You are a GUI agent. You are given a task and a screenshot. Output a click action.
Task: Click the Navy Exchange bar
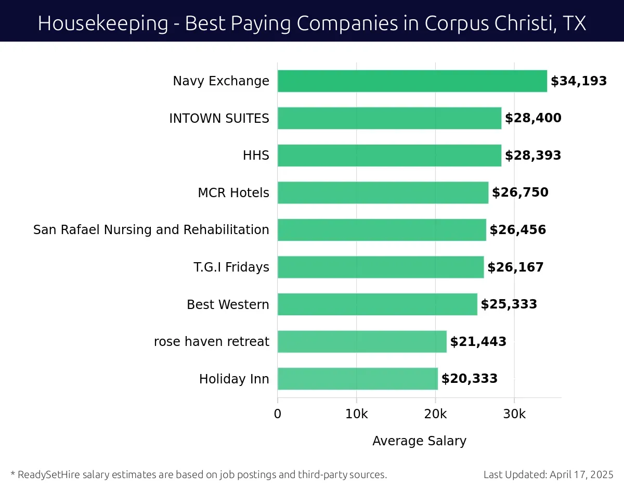tap(412, 81)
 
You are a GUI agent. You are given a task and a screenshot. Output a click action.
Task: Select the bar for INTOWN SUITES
tap(389, 118)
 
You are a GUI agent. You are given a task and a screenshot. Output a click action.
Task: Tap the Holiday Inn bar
tap(357, 379)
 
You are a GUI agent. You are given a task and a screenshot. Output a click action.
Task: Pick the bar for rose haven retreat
tap(362, 341)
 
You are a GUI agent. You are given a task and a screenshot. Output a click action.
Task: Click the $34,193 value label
tap(579, 81)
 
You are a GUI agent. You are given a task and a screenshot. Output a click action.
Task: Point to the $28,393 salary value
tap(533, 156)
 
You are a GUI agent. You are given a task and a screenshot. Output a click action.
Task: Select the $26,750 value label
tap(520, 192)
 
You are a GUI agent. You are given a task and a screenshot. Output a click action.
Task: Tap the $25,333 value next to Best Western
tap(509, 304)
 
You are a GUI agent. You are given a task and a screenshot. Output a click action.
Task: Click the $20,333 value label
tap(470, 379)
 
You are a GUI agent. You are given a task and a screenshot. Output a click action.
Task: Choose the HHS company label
tap(256, 156)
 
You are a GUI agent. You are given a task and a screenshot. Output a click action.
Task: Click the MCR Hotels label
tap(233, 193)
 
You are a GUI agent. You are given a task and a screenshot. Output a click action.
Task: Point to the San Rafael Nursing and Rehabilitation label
tap(151, 230)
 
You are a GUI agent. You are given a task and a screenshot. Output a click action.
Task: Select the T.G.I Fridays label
tap(231, 267)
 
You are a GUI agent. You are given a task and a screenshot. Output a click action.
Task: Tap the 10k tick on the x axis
tap(356, 414)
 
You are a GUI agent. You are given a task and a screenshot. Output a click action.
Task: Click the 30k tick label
tap(514, 414)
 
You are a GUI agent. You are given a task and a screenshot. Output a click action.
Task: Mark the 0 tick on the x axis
tap(278, 414)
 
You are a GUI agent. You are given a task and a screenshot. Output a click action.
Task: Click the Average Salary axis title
tap(419, 441)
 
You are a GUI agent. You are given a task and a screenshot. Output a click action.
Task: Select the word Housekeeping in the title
tap(103, 23)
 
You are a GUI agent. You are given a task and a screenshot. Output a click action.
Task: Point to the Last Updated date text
tap(548, 474)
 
